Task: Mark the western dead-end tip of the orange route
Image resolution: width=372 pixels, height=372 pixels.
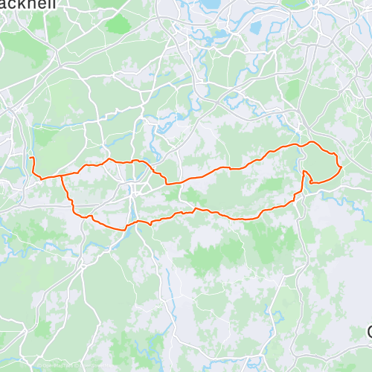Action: click(31, 158)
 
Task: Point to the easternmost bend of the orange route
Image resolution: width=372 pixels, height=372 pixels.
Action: click(341, 167)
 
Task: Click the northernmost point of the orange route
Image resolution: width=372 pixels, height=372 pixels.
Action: click(310, 141)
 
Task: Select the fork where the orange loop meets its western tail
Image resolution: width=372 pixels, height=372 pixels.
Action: click(60, 175)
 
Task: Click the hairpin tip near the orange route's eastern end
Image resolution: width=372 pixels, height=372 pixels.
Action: click(304, 172)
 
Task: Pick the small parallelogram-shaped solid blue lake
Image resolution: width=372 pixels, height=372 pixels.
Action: click(256, 28)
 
